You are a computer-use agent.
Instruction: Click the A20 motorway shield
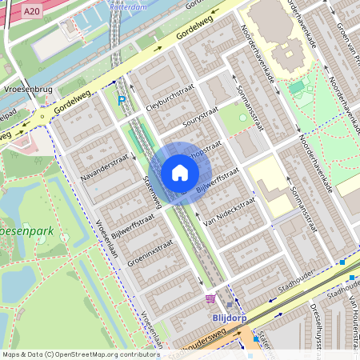(x=31, y=11)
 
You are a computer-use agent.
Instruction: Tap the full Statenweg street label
(x=152, y=193)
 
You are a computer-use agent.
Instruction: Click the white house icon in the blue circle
(x=180, y=173)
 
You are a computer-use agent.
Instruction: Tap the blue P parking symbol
(x=122, y=101)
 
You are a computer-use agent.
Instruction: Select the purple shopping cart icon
(x=210, y=298)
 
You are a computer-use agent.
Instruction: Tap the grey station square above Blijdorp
(x=230, y=304)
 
